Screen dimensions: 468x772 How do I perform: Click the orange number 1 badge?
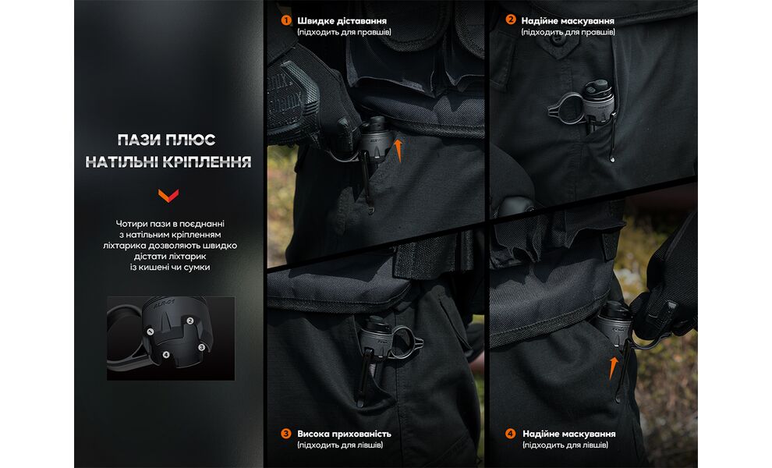pos(286,20)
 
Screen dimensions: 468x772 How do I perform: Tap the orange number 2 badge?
pos(511,20)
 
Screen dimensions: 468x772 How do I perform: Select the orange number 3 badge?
pos(286,434)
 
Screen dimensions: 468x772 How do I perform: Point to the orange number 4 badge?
pos(511,434)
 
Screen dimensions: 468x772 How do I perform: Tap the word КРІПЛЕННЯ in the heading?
pos(211,162)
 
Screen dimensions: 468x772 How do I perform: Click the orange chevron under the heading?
pos(168,194)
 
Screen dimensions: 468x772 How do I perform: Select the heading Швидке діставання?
pos(342,20)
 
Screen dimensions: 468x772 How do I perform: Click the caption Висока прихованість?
pos(344,434)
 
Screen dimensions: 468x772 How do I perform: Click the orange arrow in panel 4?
pos(614,366)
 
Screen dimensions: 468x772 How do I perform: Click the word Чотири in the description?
pos(129,224)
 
